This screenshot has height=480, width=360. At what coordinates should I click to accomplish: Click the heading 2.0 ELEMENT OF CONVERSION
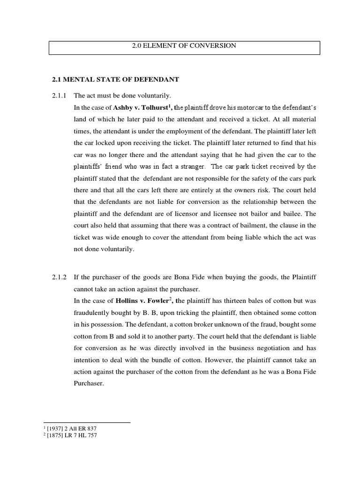[x=184, y=46]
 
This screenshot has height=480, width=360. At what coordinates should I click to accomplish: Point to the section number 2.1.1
[x=60, y=95]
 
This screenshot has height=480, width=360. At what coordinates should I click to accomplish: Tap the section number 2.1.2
[x=60, y=277]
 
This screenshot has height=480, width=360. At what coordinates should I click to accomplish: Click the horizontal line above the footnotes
[x=87, y=423]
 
